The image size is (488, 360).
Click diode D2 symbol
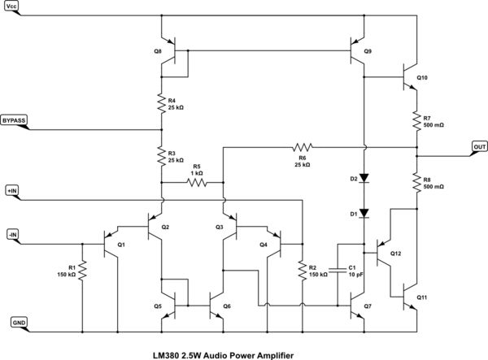click(x=364, y=177)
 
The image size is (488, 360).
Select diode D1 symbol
click(x=364, y=214)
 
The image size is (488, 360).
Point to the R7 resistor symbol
click(x=416, y=120)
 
